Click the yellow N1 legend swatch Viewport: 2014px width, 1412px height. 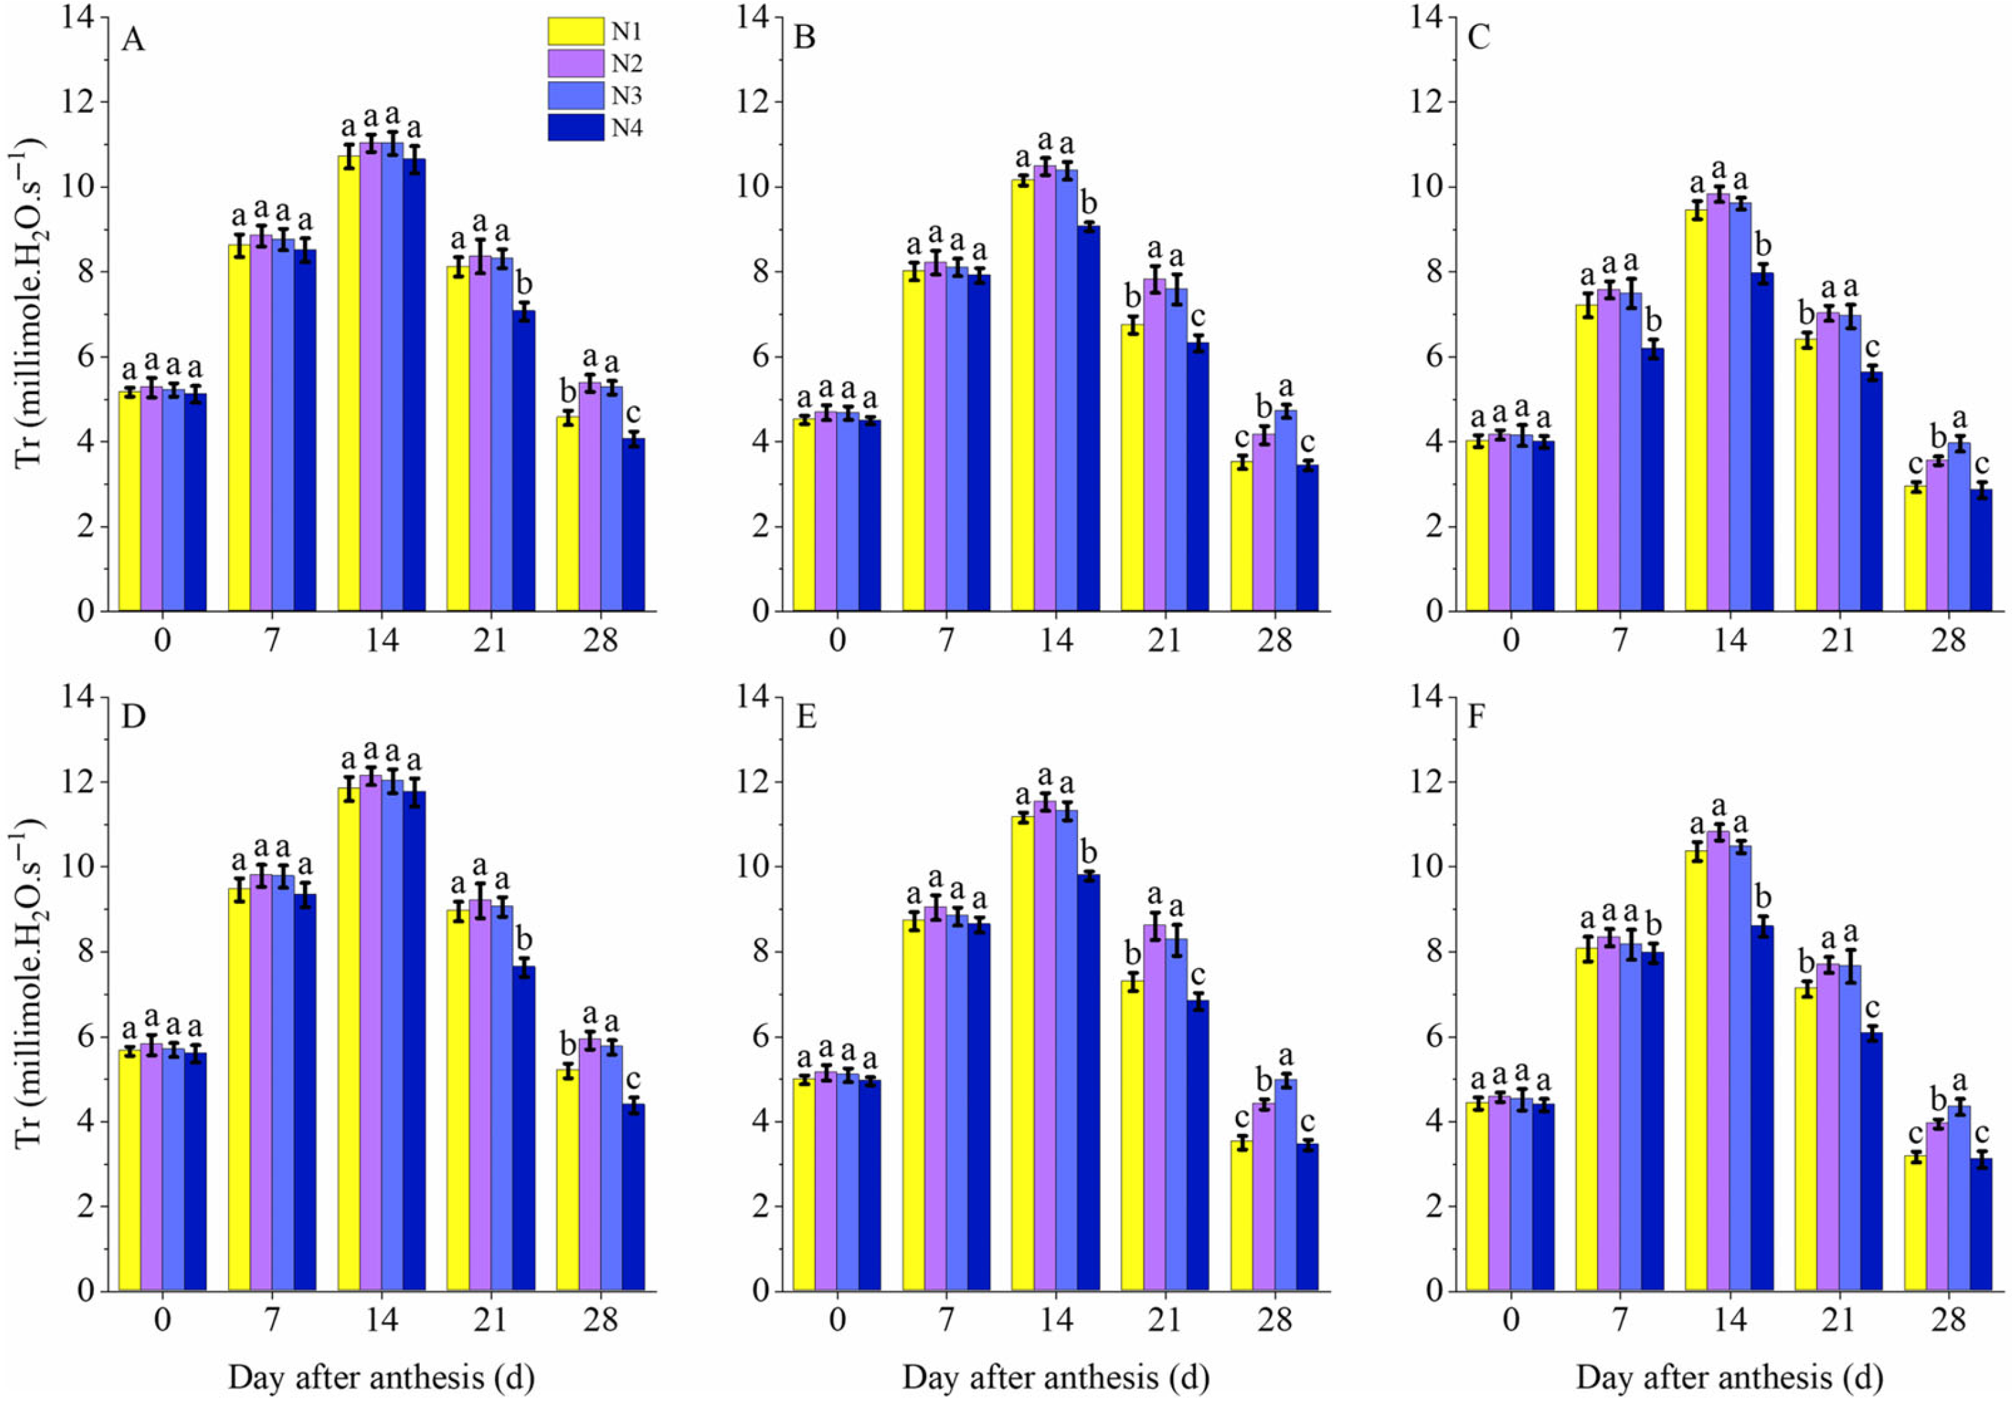point(576,31)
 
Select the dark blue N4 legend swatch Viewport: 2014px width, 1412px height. point(576,127)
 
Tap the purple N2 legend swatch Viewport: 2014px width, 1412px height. point(576,63)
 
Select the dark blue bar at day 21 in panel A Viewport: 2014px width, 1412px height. point(524,461)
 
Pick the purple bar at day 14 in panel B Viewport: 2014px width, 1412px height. point(1044,389)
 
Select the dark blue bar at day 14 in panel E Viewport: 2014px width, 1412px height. point(1088,1082)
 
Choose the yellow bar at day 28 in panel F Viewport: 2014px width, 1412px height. point(1914,1223)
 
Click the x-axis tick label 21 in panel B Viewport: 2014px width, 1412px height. point(1165,640)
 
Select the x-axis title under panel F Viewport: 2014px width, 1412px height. point(1729,1378)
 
